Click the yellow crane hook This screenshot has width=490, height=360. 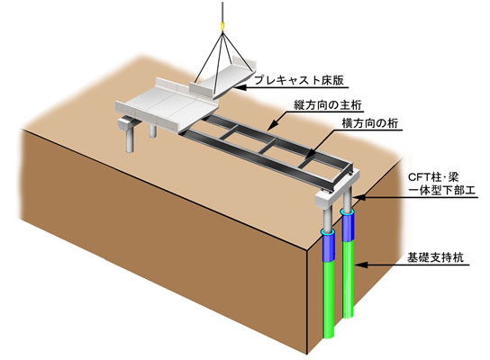pyautogui.click(x=222, y=26)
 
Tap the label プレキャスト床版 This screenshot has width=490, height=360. pyautogui.click(x=299, y=80)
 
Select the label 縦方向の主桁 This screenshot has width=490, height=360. pyautogui.click(x=328, y=105)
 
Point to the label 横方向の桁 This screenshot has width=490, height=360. pyautogui.click(x=369, y=123)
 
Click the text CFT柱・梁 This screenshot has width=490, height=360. pyautogui.click(x=433, y=177)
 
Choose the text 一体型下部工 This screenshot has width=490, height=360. pyautogui.click(x=442, y=190)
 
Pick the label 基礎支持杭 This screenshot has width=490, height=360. pyautogui.click(x=435, y=258)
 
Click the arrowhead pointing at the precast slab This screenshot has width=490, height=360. pyautogui.click(x=239, y=87)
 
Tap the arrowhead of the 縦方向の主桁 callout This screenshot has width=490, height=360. pyautogui.click(x=271, y=127)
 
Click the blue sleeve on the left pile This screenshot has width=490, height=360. pyautogui.click(x=328, y=247)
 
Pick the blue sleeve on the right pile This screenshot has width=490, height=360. pyautogui.click(x=348, y=227)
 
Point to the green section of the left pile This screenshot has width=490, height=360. pyautogui.click(x=329, y=300)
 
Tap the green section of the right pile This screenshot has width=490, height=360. pyautogui.click(x=349, y=279)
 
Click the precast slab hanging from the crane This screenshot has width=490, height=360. pyautogui.click(x=222, y=78)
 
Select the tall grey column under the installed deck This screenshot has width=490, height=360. pyautogui.click(x=130, y=140)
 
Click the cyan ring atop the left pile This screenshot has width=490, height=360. pyautogui.click(x=328, y=232)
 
